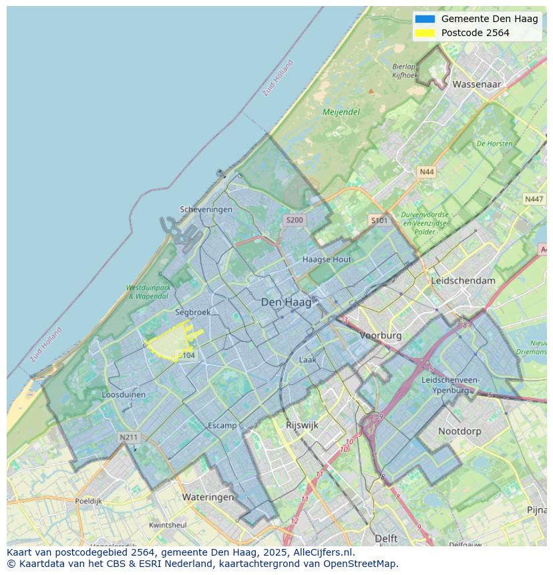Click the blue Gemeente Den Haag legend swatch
point(425,19)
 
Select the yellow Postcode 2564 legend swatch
point(425,33)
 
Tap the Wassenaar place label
point(476,85)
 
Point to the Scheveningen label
point(206,209)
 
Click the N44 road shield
point(426,172)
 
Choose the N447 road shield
point(534,199)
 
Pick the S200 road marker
point(294,220)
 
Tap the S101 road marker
point(379,220)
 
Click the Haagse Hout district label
point(327,259)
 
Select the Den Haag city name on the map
point(286,303)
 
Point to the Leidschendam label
point(464,280)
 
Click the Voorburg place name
point(381,335)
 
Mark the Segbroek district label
point(193,312)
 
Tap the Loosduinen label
point(124,395)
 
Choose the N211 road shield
point(128,437)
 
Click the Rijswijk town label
point(302,425)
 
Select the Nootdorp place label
point(459,431)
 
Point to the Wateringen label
point(208,497)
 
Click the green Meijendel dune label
point(341,112)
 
